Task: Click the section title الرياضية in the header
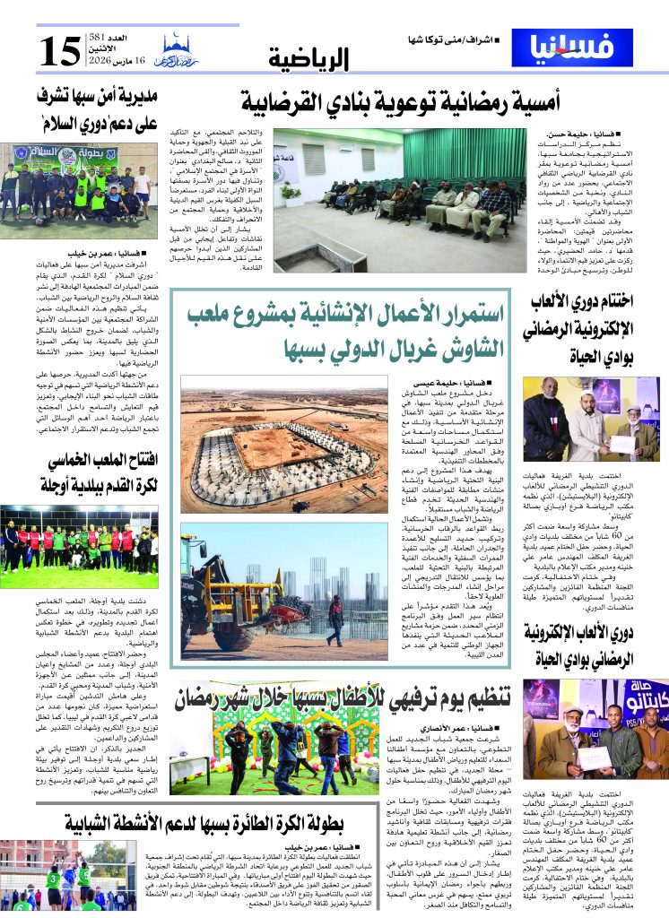pos(308,59)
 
